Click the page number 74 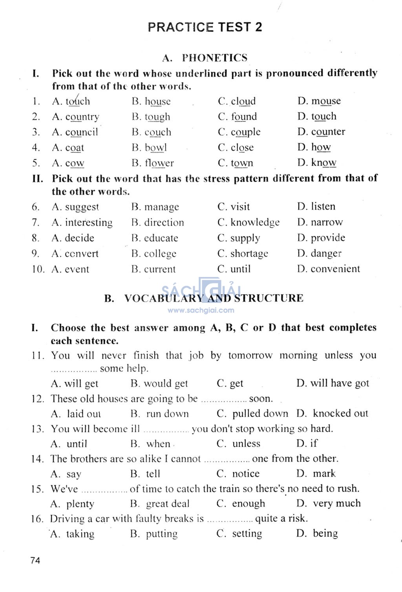coord(35,560)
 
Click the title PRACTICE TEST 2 coord(205,27)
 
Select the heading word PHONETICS coord(214,58)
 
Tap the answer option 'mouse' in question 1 coord(326,101)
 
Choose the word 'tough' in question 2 coord(157,117)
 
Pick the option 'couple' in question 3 coord(245,132)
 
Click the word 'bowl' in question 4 coord(156,148)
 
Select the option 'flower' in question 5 coord(159,163)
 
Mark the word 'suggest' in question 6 coord(82,207)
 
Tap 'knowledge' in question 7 coord(255,222)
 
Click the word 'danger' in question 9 coord(326,253)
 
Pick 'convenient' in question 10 coord(335,269)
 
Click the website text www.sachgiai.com coord(201,310)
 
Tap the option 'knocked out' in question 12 coord(340,413)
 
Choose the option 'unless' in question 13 coord(246,444)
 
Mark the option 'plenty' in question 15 coord(80,504)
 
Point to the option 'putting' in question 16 coord(161,534)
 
